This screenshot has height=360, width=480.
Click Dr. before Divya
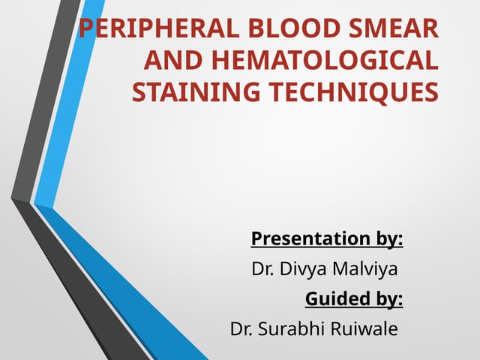click(x=262, y=269)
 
